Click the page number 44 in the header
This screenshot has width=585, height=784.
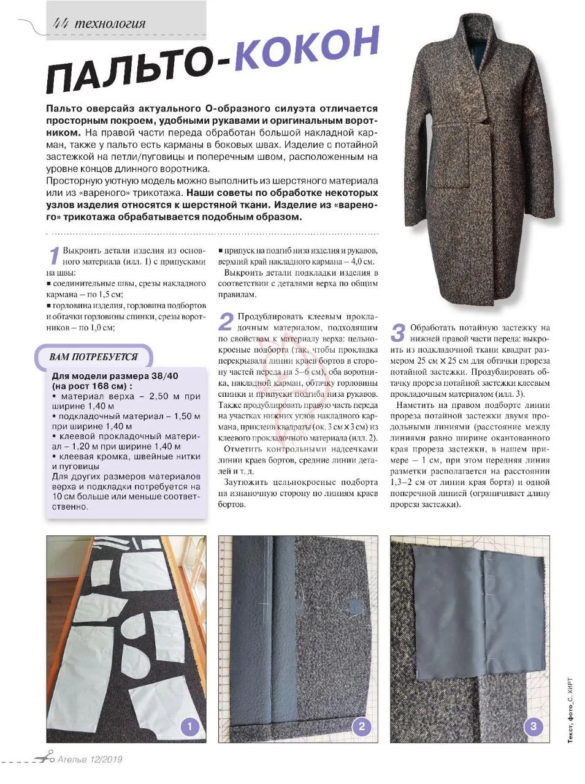(61, 23)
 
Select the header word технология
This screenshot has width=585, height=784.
(110, 24)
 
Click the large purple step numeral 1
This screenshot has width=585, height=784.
(54, 256)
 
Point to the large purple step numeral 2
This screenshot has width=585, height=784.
(226, 322)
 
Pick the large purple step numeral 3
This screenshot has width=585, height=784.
(397, 333)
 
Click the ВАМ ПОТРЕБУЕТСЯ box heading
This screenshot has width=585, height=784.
(93, 357)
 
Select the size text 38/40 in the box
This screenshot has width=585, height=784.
(162, 376)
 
